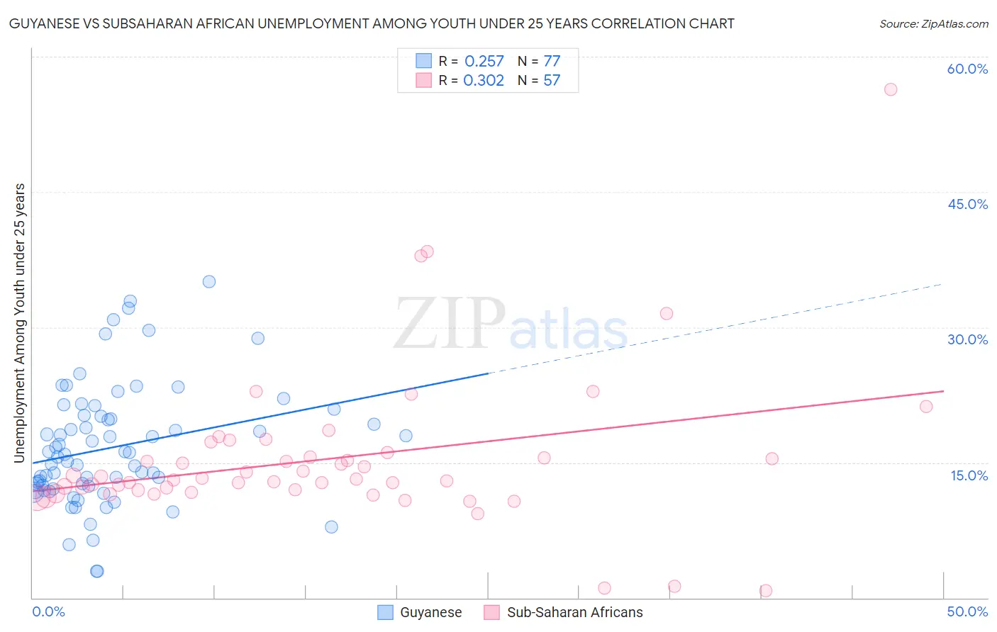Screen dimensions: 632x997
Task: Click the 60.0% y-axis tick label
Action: (x=967, y=69)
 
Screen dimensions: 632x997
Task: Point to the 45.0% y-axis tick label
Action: (x=967, y=204)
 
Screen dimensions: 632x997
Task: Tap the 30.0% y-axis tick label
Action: (x=967, y=339)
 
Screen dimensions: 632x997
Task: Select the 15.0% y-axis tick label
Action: (x=969, y=475)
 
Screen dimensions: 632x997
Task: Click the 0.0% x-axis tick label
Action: (x=48, y=611)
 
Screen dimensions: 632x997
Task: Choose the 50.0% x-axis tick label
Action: (x=967, y=611)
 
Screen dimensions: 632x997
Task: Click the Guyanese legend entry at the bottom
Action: (x=420, y=612)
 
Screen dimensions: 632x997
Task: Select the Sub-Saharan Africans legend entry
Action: (x=564, y=612)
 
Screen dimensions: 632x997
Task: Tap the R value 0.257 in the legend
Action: (x=484, y=62)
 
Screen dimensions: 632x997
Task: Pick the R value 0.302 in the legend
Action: (x=484, y=81)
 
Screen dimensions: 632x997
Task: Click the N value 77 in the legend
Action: (x=552, y=62)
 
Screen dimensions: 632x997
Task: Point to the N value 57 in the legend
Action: (x=552, y=81)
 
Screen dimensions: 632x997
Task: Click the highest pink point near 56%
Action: (x=891, y=89)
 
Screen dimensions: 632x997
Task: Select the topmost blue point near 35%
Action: (x=209, y=281)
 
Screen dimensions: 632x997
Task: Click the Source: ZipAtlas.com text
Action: (x=933, y=24)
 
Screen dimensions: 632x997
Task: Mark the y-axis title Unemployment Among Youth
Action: (x=20, y=322)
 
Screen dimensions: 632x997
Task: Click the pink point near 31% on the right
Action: (x=667, y=313)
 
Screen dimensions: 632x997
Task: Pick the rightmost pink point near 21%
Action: (x=926, y=406)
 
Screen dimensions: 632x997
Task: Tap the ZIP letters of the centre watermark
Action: (x=450, y=324)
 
